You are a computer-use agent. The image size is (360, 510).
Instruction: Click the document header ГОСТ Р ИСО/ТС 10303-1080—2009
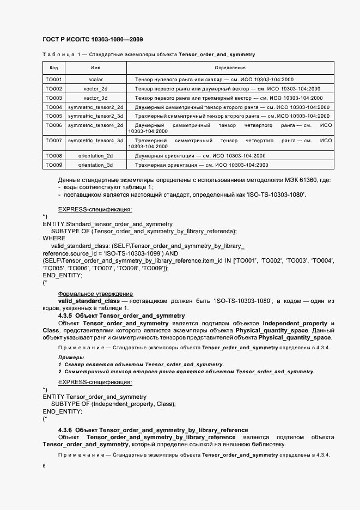click(x=93, y=40)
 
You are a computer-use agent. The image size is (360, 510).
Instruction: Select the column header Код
click(x=53, y=68)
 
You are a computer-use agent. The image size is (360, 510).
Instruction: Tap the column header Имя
click(x=95, y=68)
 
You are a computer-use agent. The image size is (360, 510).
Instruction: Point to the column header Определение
click(x=230, y=68)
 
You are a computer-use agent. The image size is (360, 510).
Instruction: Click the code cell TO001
click(x=53, y=80)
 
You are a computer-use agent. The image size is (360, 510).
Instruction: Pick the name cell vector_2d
click(x=95, y=89)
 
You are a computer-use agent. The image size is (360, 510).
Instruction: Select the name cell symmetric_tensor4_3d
click(x=95, y=141)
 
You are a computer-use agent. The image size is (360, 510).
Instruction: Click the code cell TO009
click(x=53, y=165)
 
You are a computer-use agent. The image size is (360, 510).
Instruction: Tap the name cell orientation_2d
click(x=95, y=156)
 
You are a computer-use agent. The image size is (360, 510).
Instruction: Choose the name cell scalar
click(x=95, y=80)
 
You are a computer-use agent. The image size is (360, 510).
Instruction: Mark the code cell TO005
click(x=53, y=116)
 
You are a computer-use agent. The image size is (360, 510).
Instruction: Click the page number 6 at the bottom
click(x=44, y=466)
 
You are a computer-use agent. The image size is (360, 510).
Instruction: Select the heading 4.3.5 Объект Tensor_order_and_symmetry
click(x=121, y=315)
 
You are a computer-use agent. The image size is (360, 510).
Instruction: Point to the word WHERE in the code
click(x=54, y=238)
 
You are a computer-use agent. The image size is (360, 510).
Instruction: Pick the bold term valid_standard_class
click(x=89, y=301)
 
